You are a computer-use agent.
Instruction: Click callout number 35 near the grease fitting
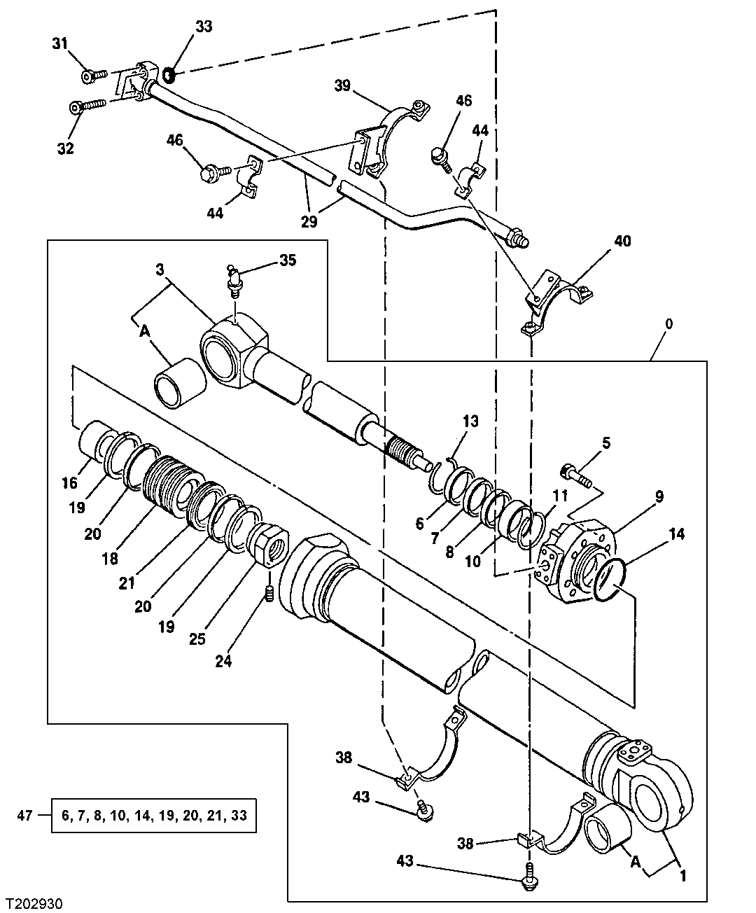tap(288, 260)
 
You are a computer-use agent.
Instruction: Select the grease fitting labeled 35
tap(234, 279)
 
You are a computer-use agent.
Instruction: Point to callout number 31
tap(60, 43)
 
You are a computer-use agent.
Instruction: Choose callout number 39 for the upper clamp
tap(342, 85)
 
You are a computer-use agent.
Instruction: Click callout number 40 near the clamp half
tap(622, 242)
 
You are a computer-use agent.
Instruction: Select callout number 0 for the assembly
tap(669, 324)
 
